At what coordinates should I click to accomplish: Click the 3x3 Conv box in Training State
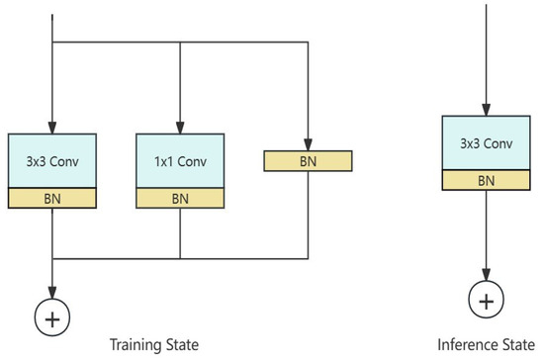(x=51, y=159)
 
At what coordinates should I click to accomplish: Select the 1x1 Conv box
(x=179, y=159)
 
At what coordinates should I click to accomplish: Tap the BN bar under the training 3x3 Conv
(x=51, y=198)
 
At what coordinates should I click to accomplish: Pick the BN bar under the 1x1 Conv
(x=179, y=198)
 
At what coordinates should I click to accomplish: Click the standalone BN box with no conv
(x=308, y=159)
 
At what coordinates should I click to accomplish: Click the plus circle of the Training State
(x=51, y=316)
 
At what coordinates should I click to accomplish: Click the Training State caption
(x=155, y=344)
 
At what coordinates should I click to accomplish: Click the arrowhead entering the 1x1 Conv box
(x=179, y=127)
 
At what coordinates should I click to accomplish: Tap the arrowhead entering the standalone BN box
(x=308, y=144)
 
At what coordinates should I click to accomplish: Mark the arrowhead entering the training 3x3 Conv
(x=51, y=127)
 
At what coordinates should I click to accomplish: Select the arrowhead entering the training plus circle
(x=51, y=294)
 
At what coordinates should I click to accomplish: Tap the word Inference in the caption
(x=465, y=344)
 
